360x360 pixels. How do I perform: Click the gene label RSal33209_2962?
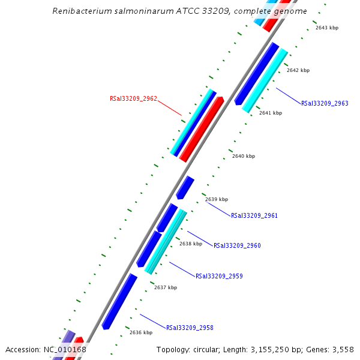(x=133, y=98)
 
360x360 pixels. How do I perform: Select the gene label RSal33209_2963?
(x=325, y=103)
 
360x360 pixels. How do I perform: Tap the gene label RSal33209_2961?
(x=254, y=215)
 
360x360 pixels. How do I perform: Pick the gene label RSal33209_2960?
(x=237, y=245)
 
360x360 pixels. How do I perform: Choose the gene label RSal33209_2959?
(x=219, y=276)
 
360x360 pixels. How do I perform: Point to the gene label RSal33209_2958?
(x=190, y=328)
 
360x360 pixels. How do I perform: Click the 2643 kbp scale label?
(x=326, y=28)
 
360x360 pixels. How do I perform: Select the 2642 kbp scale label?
(x=298, y=70)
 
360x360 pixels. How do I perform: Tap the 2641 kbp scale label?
(x=270, y=113)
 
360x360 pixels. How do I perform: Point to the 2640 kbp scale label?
(x=244, y=156)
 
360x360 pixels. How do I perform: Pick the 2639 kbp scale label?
(x=217, y=199)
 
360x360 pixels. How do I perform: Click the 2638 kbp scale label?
(x=191, y=244)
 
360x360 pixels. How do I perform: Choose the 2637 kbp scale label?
(x=166, y=287)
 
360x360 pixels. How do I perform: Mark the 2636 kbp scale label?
(x=141, y=332)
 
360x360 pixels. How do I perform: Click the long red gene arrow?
(x=202, y=130)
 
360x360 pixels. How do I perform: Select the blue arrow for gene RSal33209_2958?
(x=119, y=301)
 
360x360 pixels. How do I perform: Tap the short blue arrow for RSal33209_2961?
(x=185, y=188)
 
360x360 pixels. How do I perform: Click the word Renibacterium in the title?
(x=81, y=11)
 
